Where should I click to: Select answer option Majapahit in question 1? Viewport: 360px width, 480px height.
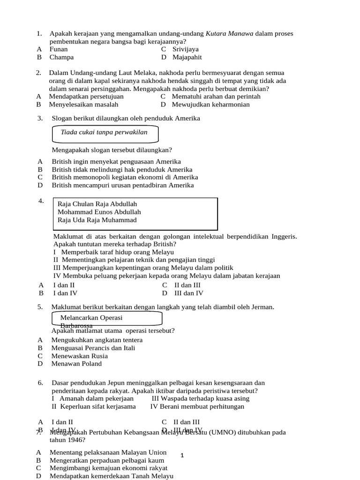coord(187,57)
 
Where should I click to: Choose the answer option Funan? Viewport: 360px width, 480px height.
coord(59,49)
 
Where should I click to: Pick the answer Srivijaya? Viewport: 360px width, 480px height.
coord(185,49)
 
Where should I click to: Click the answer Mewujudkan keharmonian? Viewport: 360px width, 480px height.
coord(210,105)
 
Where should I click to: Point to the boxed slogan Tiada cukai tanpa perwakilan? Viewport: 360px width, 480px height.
coord(104,132)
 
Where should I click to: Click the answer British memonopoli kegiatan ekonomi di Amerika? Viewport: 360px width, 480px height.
coord(125,177)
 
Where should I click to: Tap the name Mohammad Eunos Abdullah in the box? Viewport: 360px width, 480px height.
coord(99,212)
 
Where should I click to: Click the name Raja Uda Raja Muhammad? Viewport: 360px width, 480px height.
coord(97,220)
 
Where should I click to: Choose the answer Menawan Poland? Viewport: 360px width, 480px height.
coord(76,364)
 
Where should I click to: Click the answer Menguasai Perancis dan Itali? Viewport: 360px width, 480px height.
coord(93,348)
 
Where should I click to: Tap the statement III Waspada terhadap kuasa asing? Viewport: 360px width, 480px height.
coord(201,398)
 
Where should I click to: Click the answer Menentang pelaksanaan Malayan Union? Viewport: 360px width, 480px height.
coord(109,452)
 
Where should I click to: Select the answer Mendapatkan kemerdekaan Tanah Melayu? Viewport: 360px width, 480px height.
coord(112,476)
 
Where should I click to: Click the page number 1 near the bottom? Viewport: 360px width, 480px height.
coord(182,455)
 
